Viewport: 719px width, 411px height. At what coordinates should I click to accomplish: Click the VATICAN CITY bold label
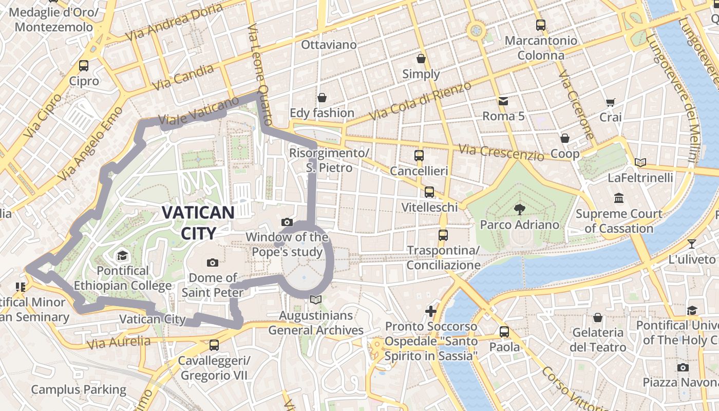point(198,222)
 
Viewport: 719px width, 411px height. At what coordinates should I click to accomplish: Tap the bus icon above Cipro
point(84,66)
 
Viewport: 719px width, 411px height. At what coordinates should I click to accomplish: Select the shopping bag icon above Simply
point(421,59)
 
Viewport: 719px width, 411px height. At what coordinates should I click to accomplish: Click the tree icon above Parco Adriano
point(519,209)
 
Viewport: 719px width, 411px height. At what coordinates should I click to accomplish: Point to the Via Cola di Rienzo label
point(420,101)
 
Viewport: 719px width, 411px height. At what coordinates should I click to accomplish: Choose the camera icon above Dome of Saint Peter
point(212,263)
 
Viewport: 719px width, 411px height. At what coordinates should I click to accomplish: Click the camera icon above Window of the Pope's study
point(287,222)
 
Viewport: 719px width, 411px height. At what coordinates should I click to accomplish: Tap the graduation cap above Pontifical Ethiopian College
point(122,255)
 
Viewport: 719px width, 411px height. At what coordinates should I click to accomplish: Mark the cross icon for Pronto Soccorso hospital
point(431,311)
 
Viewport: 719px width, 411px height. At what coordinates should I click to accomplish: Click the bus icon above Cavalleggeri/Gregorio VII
point(214,345)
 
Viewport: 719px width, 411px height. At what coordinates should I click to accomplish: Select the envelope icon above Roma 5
point(503,101)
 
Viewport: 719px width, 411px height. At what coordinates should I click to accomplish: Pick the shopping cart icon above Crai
point(610,102)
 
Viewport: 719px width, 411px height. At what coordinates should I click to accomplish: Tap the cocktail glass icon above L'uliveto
point(692,244)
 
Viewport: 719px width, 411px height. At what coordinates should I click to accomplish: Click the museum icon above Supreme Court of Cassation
point(619,198)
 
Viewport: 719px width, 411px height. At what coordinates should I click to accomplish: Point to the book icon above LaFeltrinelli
point(640,163)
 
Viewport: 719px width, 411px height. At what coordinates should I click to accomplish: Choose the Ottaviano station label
point(329,45)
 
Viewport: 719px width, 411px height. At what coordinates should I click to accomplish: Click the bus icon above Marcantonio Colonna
point(541,25)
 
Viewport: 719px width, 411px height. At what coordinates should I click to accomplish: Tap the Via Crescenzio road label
point(501,152)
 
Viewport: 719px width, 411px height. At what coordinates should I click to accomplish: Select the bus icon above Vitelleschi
point(429,192)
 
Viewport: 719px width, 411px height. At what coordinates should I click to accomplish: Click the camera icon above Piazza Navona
point(683,367)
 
